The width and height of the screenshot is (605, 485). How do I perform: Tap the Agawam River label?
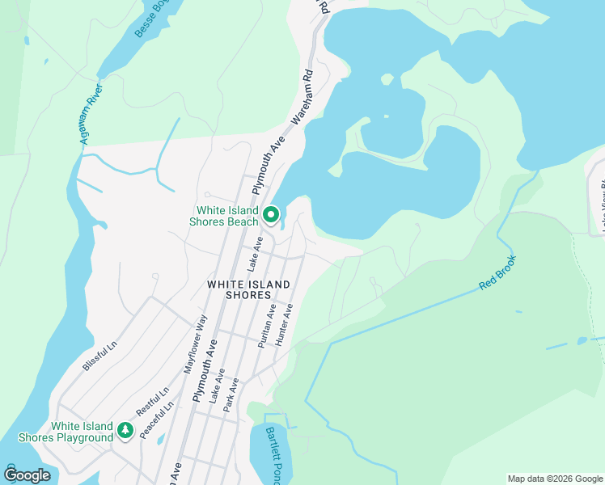pyautogui.click(x=89, y=114)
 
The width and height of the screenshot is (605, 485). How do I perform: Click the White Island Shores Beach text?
pyautogui.click(x=224, y=216)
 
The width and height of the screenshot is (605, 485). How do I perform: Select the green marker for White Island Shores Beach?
pyautogui.click(x=271, y=215)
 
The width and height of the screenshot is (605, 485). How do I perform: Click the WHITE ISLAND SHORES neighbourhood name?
pyautogui.click(x=239, y=289)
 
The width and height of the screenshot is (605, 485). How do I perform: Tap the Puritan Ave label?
pyautogui.click(x=268, y=326)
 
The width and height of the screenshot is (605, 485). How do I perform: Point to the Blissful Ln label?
pyautogui.click(x=99, y=356)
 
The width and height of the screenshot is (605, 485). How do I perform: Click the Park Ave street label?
pyautogui.click(x=231, y=395)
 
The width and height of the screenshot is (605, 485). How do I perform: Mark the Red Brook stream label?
pyautogui.click(x=497, y=273)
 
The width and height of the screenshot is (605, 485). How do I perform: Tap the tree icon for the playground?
pyautogui.click(x=125, y=431)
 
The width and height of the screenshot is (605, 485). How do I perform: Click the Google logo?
pyautogui.click(x=27, y=475)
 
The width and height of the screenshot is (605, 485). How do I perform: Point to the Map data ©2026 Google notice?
pyautogui.click(x=554, y=479)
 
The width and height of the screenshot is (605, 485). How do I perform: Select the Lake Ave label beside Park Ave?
pyautogui.click(x=216, y=390)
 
